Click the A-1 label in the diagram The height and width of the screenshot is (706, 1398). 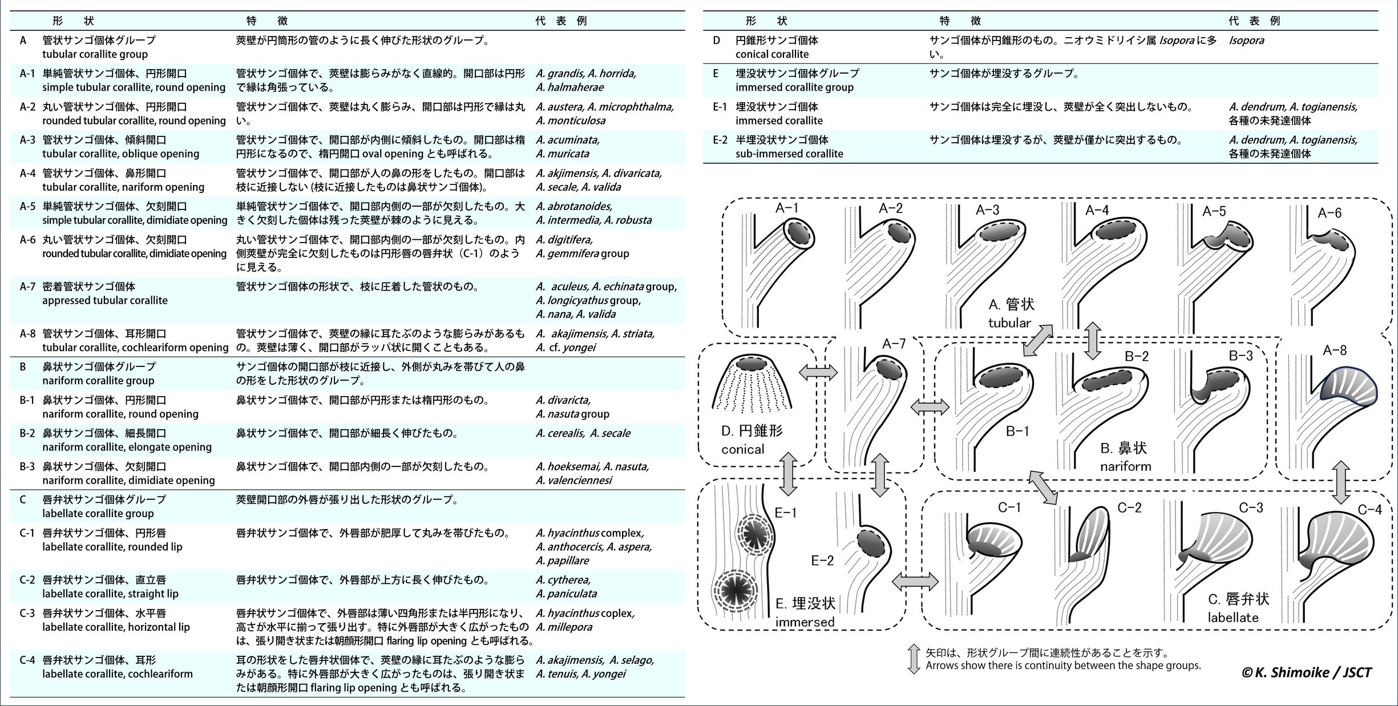pos(786,208)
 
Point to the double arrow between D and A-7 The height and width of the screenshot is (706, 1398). pos(818,373)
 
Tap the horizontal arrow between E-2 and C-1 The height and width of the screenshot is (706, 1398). pos(915,582)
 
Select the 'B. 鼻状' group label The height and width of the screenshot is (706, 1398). pos(1123,448)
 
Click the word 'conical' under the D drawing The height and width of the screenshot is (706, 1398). pos(742,449)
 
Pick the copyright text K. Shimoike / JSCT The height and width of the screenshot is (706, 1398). pos(1306,672)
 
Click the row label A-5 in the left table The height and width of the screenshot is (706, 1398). pos(27,207)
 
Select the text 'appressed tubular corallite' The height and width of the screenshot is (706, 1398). pos(105,300)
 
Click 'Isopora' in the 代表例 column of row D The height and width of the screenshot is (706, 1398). pos(1246,41)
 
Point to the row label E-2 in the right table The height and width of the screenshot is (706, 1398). pos(720,140)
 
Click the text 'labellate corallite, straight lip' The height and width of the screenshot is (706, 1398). pos(110,594)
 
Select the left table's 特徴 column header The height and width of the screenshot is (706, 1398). pos(266,21)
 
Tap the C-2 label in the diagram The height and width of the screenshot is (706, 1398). pos(1129,507)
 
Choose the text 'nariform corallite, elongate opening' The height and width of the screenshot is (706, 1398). pos(127,447)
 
